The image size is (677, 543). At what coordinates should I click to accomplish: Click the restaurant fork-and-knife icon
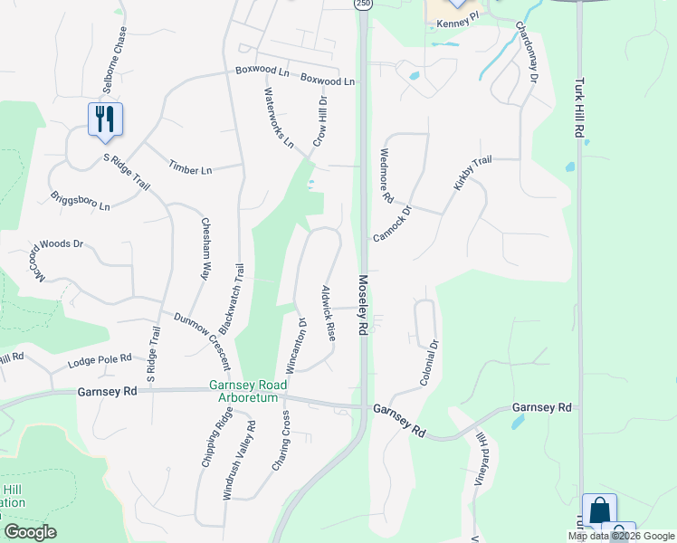105,118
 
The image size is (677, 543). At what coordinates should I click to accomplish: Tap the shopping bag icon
599,510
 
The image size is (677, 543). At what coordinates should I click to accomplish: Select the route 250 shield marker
362,5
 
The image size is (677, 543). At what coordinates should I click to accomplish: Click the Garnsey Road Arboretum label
247,391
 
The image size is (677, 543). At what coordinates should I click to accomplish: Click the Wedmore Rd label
386,175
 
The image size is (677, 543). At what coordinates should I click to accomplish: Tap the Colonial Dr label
429,362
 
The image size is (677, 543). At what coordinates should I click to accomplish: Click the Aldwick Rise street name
329,312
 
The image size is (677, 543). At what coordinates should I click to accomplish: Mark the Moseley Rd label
363,306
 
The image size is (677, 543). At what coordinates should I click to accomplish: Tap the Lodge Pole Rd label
100,363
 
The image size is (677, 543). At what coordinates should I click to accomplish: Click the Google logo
31,532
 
